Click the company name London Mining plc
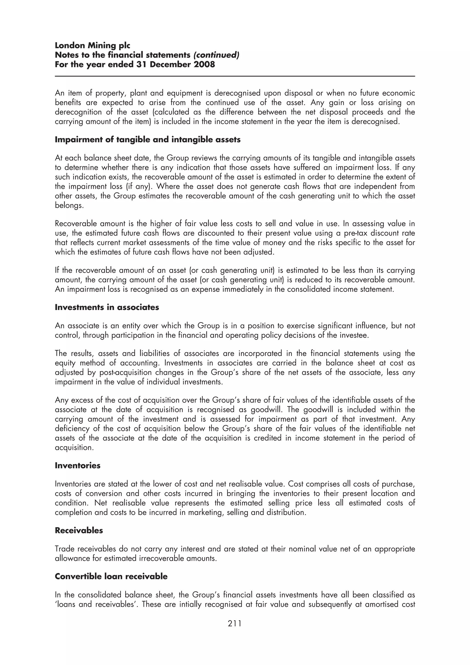pyautogui.click(x=92, y=45)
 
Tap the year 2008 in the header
pyautogui.click(x=204, y=64)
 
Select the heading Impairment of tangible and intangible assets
pyautogui.click(x=148, y=140)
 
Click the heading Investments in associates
pyautogui.click(x=107, y=307)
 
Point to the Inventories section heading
pyautogui.click(x=78, y=465)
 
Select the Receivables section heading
pyautogui.click(x=79, y=530)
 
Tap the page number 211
pyautogui.click(x=235, y=623)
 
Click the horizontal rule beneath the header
pyautogui.click(x=235, y=76)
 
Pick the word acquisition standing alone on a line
pyautogui.click(x=74, y=447)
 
